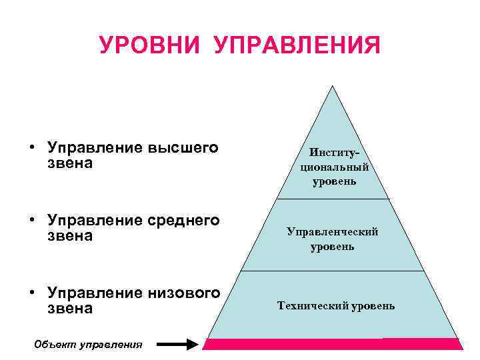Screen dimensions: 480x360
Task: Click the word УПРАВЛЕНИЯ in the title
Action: coord(297,46)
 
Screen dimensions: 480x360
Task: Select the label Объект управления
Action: coord(88,345)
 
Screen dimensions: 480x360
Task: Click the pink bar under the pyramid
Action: coord(332,344)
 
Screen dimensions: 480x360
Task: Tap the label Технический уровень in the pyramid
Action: coord(336,306)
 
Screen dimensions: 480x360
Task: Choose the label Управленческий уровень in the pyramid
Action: coord(333,239)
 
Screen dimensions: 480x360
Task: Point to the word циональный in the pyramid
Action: coord(334,167)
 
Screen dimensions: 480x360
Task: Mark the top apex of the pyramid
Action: coord(332,86)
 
